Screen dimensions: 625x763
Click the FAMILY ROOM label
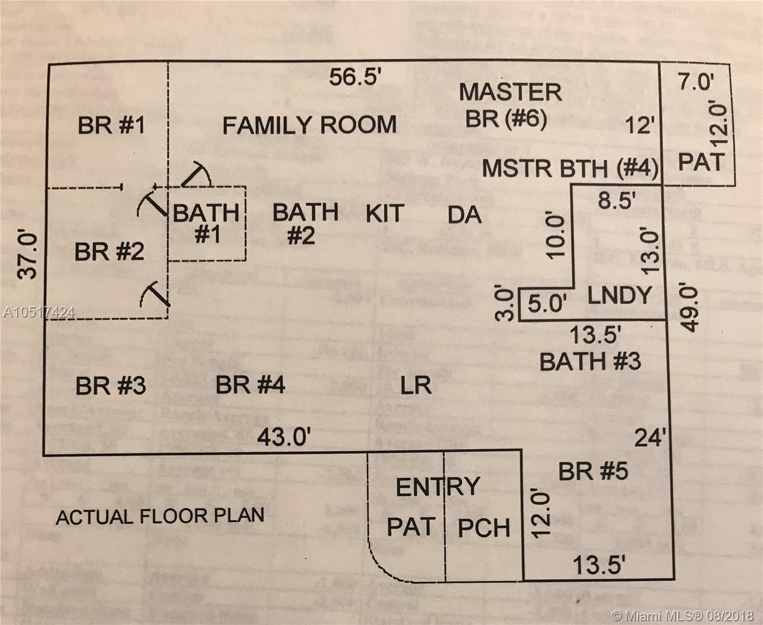309,126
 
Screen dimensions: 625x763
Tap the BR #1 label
111,126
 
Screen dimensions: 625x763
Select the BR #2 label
109,252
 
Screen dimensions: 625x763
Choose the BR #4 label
250,385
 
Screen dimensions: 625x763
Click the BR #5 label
593,471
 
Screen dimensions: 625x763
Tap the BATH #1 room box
207,224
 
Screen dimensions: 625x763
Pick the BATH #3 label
590,361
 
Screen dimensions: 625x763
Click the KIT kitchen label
385,214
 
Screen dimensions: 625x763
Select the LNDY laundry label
619,296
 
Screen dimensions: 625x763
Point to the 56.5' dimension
356,78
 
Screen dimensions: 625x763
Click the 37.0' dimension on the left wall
28,255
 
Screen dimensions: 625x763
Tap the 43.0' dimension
284,436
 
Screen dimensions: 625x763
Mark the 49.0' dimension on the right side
689,307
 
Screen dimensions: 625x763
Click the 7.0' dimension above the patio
696,82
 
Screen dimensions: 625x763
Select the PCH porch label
484,528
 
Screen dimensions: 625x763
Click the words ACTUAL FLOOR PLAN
160,516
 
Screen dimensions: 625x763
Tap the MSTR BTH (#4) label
570,169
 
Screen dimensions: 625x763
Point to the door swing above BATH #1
196,174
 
